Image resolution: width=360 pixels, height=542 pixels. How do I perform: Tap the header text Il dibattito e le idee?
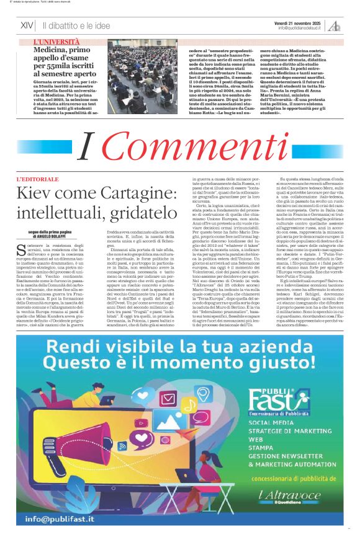click(x=76, y=26)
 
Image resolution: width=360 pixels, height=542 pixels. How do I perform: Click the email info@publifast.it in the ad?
click(x=60, y=518)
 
